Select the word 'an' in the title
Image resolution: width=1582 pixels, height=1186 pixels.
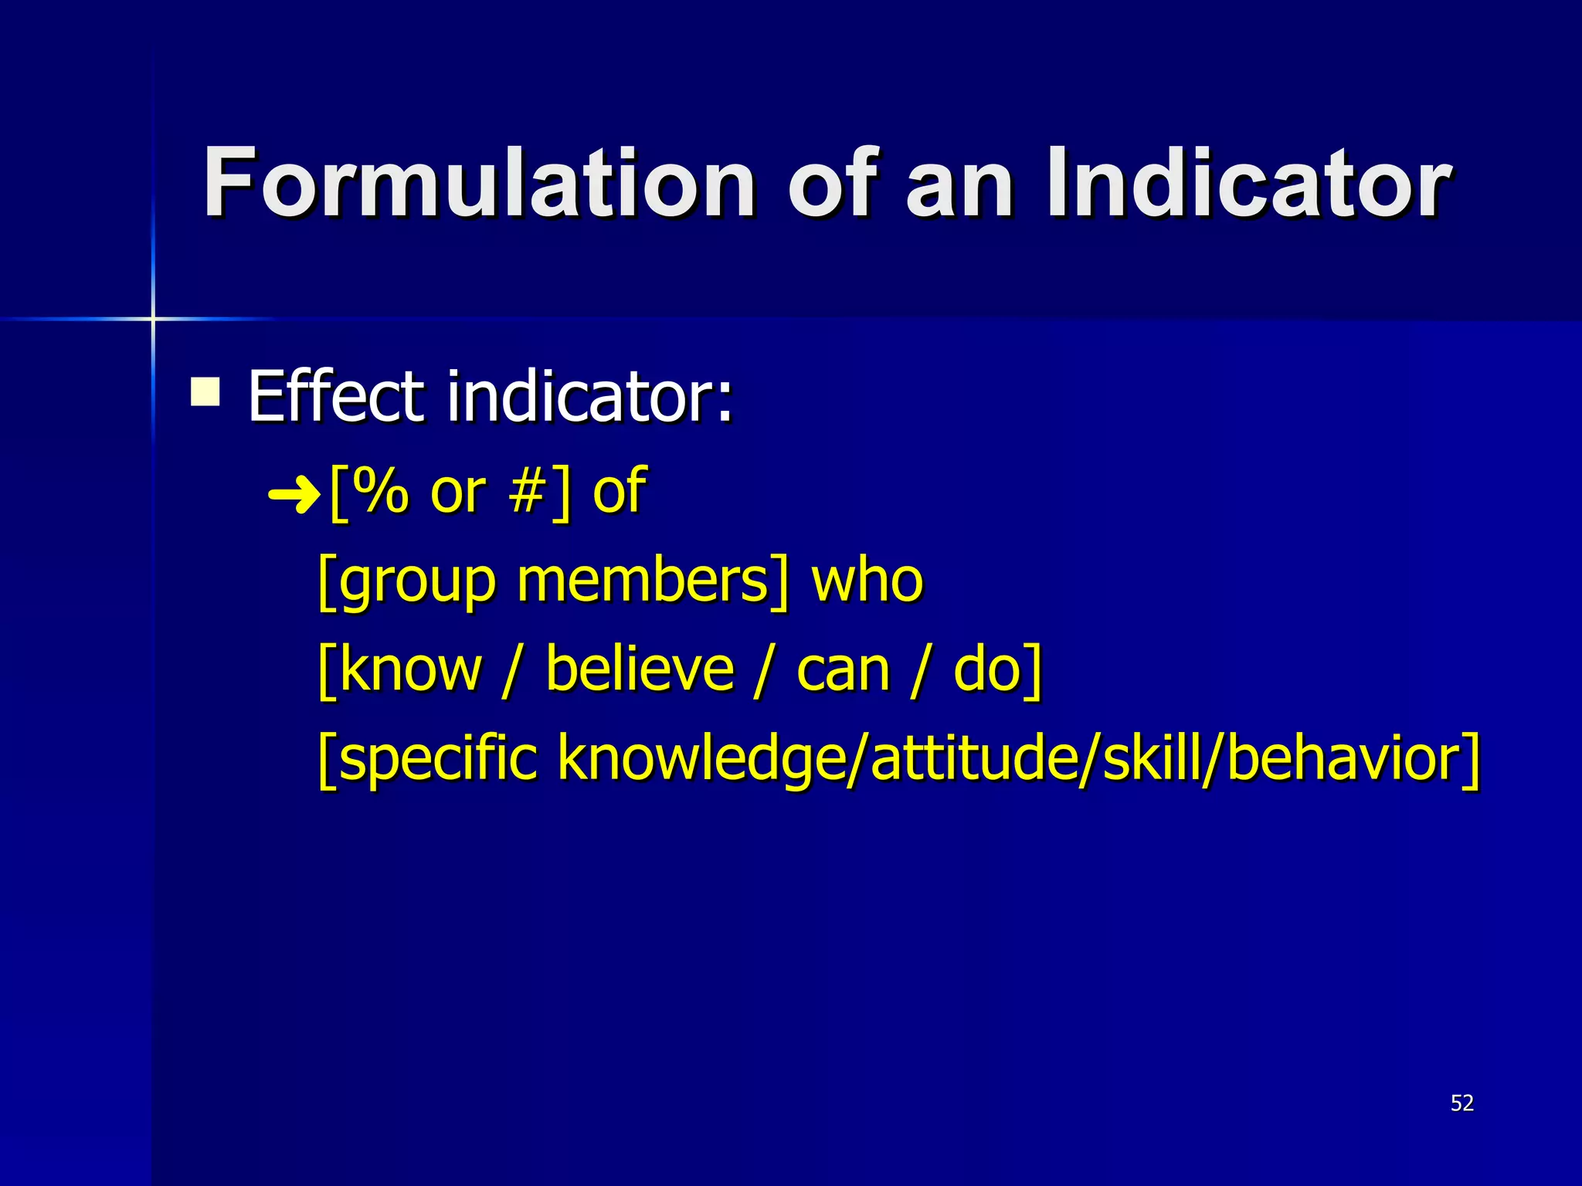coord(959,185)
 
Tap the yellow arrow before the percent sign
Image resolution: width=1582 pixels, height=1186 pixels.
coord(294,494)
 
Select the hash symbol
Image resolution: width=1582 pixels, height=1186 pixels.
coord(528,491)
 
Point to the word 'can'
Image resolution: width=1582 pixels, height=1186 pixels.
coord(844,670)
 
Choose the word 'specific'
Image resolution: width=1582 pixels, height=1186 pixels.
coord(437,759)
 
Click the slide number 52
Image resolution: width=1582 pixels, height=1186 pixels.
coord(1461,1103)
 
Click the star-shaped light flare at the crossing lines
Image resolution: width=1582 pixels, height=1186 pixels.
coord(153,318)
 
